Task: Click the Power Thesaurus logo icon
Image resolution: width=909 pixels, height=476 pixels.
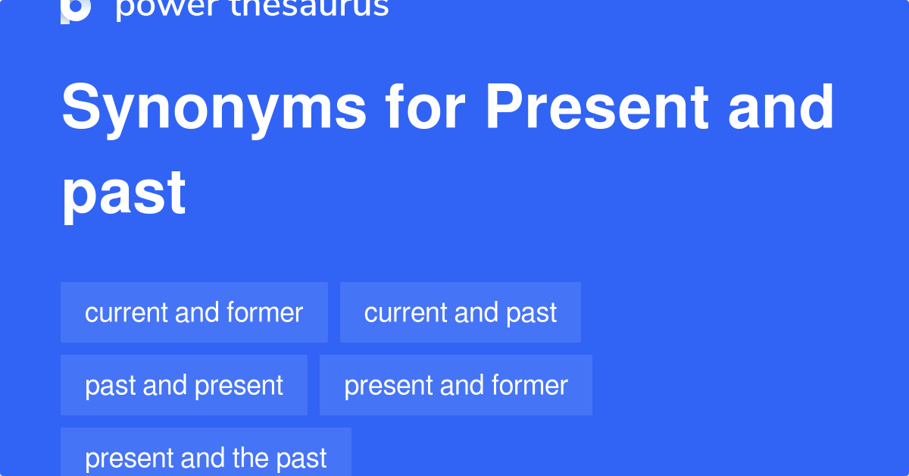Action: (x=76, y=9)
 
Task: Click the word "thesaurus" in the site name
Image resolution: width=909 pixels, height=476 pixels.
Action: (x=303, y=8)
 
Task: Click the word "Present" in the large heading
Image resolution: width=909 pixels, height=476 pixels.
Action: (x=598, y=108)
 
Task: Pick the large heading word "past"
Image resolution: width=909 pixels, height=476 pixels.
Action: (x=124, y=193)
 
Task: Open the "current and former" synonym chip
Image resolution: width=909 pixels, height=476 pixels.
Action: (x=194, y=312)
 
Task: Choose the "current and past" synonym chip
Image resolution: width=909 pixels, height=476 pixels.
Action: (x=460, y=312)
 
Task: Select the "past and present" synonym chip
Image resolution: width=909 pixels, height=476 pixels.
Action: (x=184, y=385)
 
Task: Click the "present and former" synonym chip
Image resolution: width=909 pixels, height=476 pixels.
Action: (x=455, y=385)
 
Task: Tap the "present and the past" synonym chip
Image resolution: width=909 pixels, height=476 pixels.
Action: (x=205, y=457)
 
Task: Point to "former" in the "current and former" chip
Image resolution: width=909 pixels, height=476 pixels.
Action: (x=264, y=312)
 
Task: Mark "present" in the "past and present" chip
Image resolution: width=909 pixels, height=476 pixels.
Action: (x=239, y=386)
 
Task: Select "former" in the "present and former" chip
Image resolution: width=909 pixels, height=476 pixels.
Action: (x=529, y=385)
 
